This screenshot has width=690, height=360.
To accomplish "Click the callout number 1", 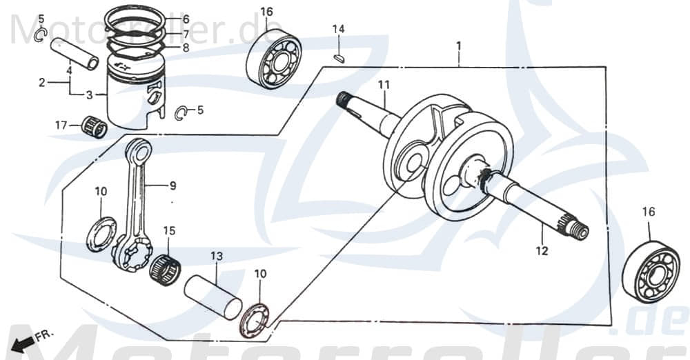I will tap(458, 46).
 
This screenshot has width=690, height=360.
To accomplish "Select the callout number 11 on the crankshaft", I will tap(384, 85).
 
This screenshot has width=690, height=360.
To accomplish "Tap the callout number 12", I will tap(542, 251).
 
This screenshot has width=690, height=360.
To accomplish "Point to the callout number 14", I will tap(338, 29).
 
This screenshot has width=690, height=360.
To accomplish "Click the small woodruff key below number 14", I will tap(338, 58).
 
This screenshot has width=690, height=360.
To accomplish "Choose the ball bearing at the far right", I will tap(650, 272).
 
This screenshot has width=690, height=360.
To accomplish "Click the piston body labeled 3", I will tap(135, 97).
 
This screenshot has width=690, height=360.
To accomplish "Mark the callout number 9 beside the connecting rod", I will tap(172, 186).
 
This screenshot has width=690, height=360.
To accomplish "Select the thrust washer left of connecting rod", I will tap(101, 234).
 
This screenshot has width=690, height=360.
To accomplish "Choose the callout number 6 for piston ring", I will tap(186, 19).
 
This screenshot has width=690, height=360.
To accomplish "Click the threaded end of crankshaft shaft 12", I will tap(579, 232).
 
